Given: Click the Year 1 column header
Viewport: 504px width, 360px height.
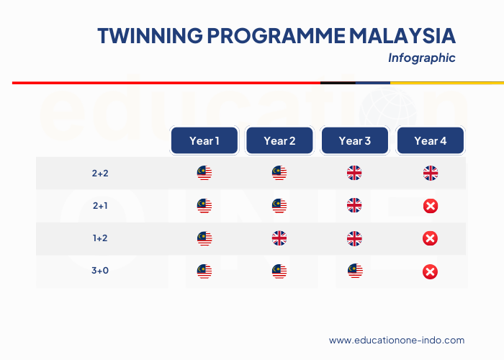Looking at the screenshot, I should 204,140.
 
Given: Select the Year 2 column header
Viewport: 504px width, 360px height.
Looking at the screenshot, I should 279,140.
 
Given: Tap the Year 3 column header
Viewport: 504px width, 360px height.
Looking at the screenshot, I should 355,140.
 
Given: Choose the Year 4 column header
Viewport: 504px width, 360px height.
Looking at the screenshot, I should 430,140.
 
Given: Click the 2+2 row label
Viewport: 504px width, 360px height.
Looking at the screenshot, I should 100,174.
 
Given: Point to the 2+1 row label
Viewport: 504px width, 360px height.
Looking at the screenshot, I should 100,206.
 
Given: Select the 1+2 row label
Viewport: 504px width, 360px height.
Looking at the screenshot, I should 100,238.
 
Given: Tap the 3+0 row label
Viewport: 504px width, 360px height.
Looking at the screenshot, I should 100,271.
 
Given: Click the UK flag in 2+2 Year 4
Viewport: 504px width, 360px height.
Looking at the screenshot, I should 430,174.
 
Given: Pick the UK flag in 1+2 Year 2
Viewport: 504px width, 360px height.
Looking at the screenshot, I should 279,238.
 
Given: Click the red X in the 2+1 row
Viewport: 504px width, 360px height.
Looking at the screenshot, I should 430,207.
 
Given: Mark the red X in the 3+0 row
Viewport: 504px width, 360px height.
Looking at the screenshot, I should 430,271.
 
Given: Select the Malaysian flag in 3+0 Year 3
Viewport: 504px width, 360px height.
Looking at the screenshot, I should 355,271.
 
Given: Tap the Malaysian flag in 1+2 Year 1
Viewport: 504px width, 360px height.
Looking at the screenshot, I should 204,238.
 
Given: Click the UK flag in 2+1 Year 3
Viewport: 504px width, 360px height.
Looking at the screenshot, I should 355,206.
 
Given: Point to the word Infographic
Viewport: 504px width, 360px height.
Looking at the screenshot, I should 421,58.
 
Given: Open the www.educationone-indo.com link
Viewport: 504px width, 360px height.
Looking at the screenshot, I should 397,341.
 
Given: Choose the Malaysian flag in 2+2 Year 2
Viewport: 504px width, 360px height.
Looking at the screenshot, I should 279,174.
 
